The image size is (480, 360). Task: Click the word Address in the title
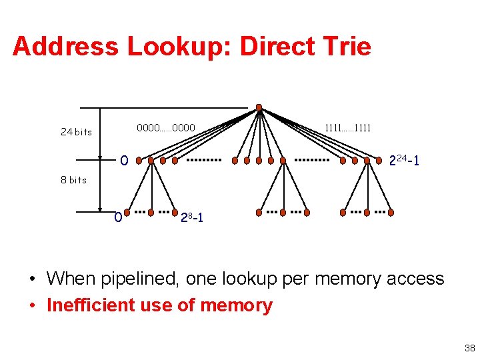(65, 47)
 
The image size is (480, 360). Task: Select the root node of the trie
(259, 107)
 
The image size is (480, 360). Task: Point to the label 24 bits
(76, 132)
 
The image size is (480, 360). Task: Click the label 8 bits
(73, 180)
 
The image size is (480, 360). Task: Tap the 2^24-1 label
(403, 161)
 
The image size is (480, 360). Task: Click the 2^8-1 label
(194, 217)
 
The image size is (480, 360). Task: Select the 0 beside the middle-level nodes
(124, 161)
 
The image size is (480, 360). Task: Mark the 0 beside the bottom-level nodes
(118, 217)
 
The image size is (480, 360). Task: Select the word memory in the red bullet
(237, 305)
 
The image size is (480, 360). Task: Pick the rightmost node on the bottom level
(391, 213)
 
